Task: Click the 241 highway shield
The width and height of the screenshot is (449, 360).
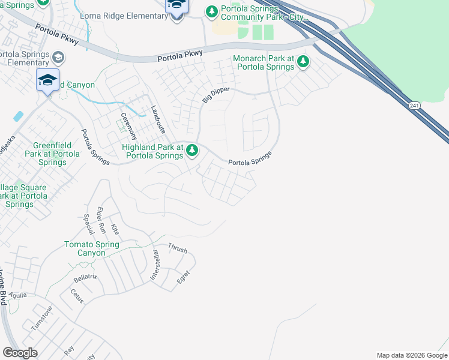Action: click(x=416, y=106)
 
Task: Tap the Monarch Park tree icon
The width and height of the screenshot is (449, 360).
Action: click(x=303, y=61)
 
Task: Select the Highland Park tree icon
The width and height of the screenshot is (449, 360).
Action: click(x=191, y=150)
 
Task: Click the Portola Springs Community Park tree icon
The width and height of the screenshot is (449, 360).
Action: click(x=211, y=11)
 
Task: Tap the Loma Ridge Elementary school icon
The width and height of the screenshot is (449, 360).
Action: click(x=176, y=16)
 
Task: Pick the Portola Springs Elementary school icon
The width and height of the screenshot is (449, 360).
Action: click(x=58, y=58)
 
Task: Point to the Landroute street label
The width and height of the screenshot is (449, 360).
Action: click(x=158, y=119)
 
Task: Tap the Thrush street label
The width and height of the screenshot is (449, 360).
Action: click(x=178, y=248)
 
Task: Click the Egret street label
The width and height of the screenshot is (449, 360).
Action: click(x=183, y=277)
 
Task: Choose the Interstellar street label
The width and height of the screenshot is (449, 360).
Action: click(x=155, y=265)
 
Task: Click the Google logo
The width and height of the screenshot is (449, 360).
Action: click(x=20, y=353)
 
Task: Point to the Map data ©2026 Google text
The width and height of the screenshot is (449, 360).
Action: click(x=411, y=355)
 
